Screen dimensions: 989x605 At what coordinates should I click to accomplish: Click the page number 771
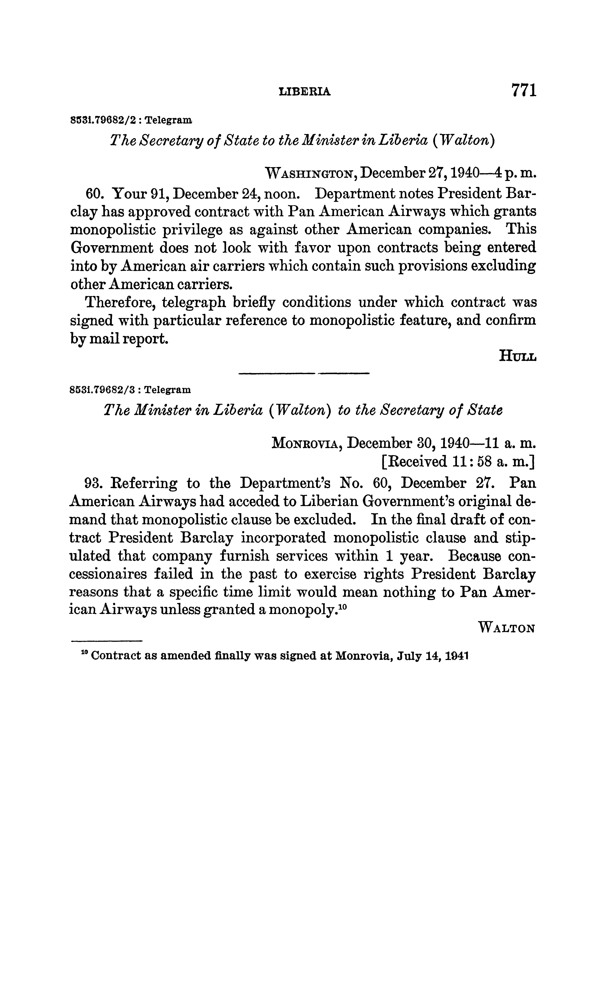click(523, 90)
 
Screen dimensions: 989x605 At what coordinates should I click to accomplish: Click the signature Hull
click(517, 356)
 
